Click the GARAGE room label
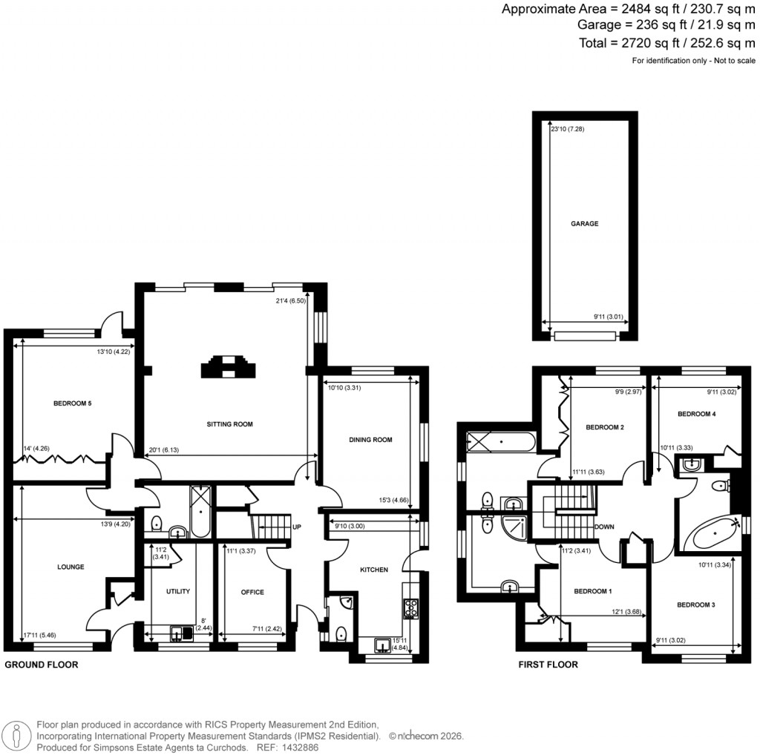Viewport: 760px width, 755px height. click(x=584, y=223)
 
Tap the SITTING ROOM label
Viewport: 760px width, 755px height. click(x=230, y=425)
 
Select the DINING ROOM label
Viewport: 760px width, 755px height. click(x=370, y=440)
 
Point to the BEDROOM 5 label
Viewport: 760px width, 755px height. click(x=72, y=403)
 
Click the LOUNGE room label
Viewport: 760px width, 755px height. click(x=71, y=567)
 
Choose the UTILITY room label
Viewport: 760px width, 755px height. click(x=178, y=591)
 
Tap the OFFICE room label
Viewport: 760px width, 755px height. click(x=252, y=592)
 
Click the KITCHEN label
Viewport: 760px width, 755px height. click(x=374, y=570)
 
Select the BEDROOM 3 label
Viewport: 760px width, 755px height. click(x=695, y=605)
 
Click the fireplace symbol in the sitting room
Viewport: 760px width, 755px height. click(x=227, y=366)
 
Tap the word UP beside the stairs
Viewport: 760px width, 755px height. click(x=297, y=527)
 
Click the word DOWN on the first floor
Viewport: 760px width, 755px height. click(x=605, y=527)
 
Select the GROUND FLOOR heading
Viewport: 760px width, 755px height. click(x=42, y=665)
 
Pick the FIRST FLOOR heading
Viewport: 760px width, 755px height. click(x=548, y=665)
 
